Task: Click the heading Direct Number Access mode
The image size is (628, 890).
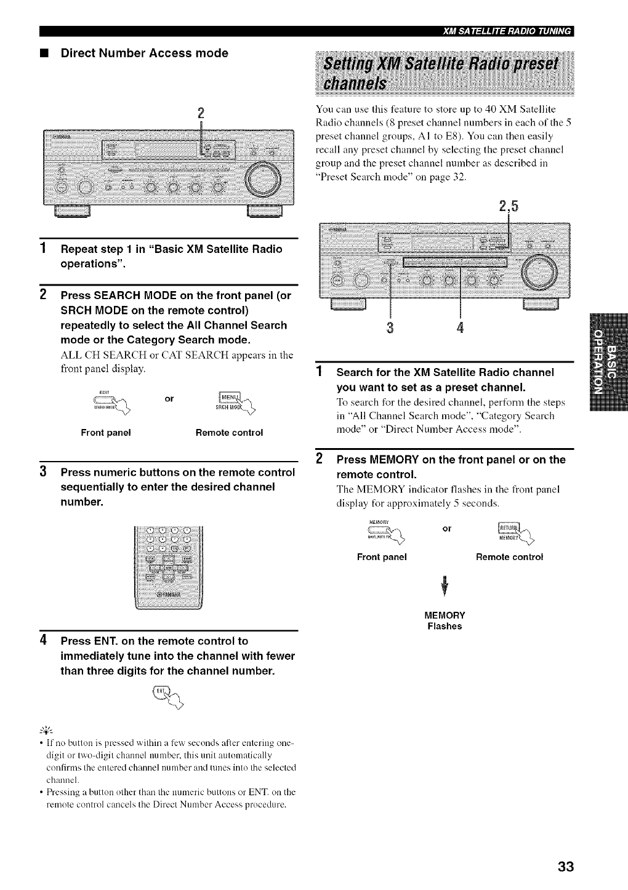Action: (x=144, y=54)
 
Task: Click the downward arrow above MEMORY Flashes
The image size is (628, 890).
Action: (x=444, y=587)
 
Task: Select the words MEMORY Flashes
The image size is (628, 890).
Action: (x=445, y=620)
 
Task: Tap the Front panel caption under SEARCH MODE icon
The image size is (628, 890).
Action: (x=106, y=433)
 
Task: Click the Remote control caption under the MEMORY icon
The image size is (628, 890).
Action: (x=509, y=557)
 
